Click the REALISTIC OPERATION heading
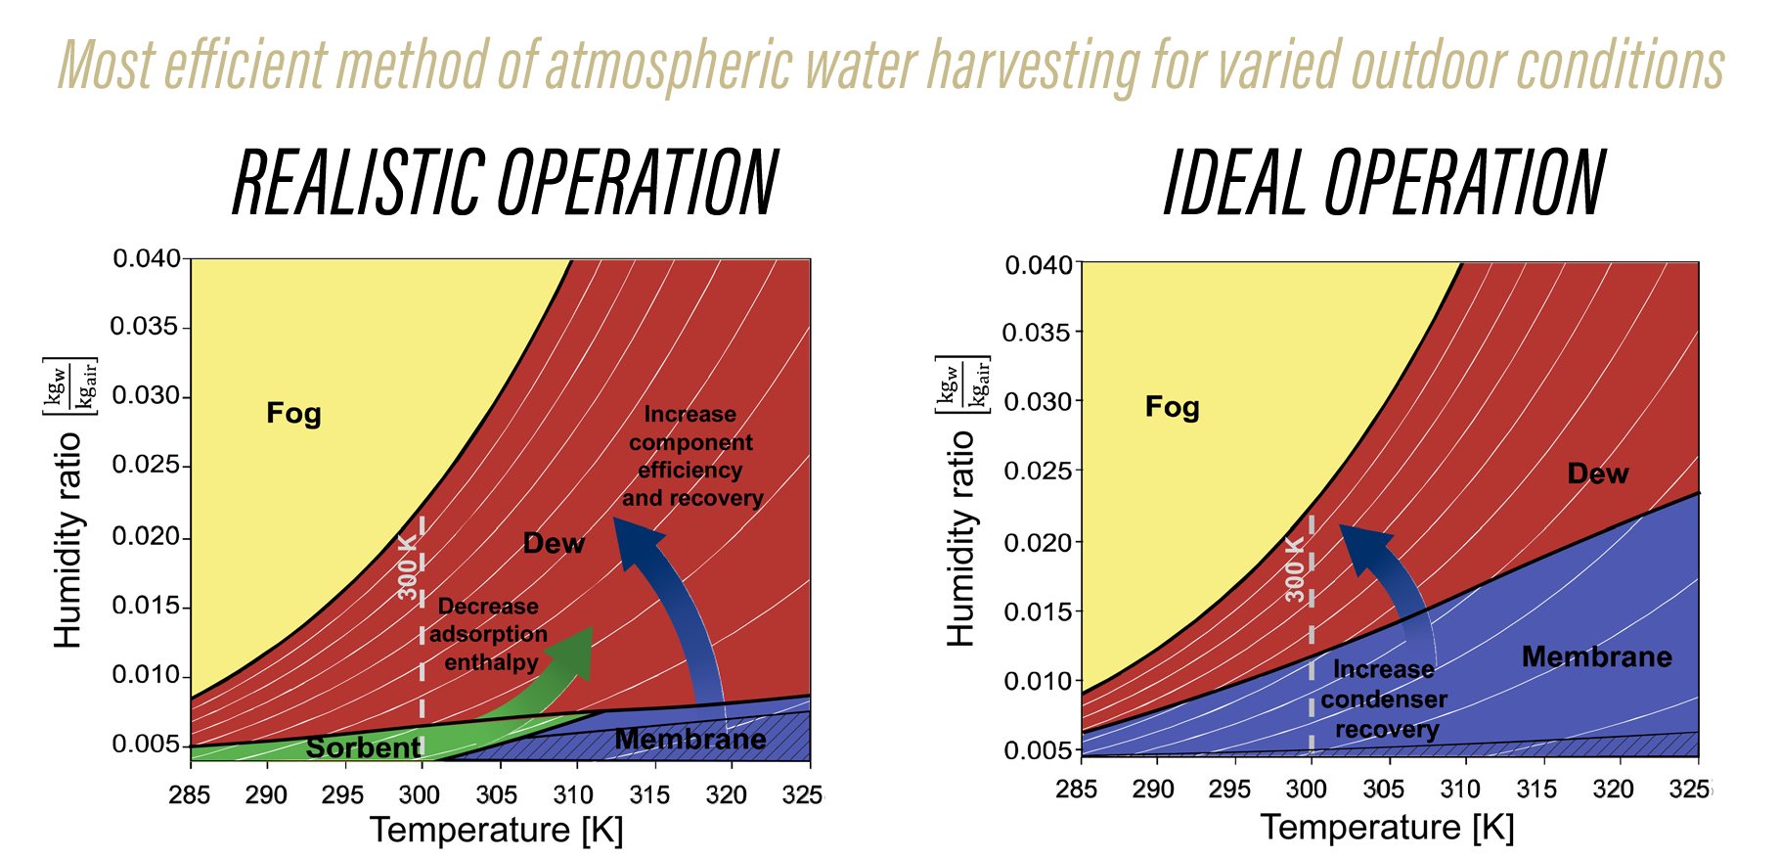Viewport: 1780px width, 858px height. tap(505, 183)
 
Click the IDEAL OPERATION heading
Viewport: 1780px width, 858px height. tap(1384, 183)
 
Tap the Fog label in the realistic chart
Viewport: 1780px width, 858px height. tap(293, 413)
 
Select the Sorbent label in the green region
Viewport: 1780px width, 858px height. tap(363, 748)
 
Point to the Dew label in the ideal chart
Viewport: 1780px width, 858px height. tap(1597, 474)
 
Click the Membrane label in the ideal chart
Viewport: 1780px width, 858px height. tap(1596, 656)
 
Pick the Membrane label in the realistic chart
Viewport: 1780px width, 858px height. tap(690, 739)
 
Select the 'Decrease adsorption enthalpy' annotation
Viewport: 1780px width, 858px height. tap(488, 634)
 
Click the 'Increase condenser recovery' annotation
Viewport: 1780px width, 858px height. tap(1384, 700)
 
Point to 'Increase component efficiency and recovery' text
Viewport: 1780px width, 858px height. tap(691, 456)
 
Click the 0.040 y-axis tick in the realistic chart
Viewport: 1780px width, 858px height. tap(147, 259)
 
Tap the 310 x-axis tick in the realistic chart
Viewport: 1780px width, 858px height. tap(573, 794)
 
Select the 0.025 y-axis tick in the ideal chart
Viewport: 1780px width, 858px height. tap(1039, 471)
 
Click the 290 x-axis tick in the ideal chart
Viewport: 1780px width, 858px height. tap(1153, 790)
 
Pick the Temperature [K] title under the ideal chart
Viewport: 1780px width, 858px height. tap(1387, 828)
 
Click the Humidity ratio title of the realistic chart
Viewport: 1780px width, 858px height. tap(68, 538)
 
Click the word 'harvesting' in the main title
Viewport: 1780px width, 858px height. tap(1032, 67)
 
